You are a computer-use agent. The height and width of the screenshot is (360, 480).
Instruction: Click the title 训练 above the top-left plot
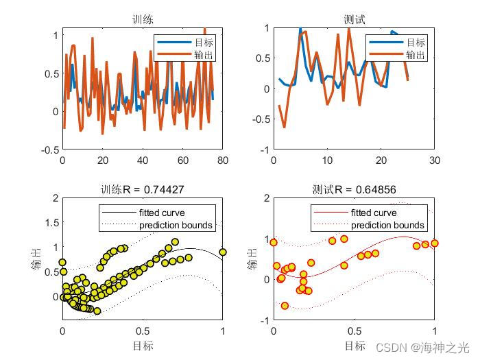coord(143,20)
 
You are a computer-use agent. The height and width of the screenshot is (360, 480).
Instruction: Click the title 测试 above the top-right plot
coord(354,20)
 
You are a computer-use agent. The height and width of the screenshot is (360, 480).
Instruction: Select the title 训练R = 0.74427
coord(143,189)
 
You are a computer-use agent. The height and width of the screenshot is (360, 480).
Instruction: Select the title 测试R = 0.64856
coord(354,189)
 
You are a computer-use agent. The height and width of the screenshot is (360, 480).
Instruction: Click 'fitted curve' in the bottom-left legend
coord(162,213)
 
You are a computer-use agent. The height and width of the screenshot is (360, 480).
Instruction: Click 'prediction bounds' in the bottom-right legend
coord(387,225)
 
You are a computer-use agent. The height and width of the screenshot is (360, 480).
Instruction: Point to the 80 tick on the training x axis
coord(223,160)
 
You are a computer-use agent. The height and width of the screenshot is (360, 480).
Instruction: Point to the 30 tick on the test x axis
coord(434,160)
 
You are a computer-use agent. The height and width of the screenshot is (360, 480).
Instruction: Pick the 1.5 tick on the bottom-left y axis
coord(52,222)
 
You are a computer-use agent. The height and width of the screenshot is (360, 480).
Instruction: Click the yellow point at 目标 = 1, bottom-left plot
coord(223,252)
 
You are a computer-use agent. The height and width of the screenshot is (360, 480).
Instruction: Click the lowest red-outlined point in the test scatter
coord(285,306)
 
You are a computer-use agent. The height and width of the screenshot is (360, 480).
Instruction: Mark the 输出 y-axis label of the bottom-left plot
coord(36,259)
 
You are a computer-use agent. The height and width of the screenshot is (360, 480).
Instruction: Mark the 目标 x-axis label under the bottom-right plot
coord(354,345)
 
